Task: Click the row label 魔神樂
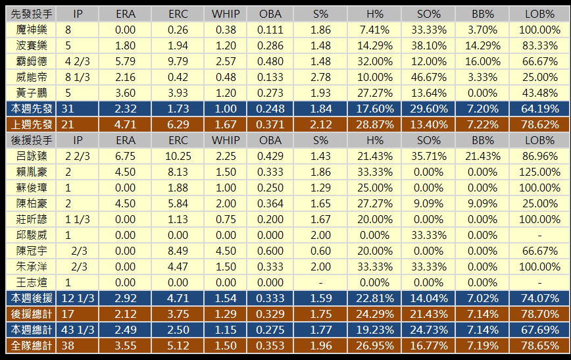tap(32, 30)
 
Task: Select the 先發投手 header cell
tap(32, 14)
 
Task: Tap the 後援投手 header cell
tap(32, 140)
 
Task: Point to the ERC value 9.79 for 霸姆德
tap(178, 61)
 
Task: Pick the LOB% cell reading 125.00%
tap(539, 172)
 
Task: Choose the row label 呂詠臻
tap(32, 156)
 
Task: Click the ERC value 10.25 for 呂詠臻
tap(178, 156)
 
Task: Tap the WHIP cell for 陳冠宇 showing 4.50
tap(226, 251)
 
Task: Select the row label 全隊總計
tap(32, 345)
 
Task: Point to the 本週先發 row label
tap(32, 109)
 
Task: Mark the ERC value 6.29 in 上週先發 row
tap(178, 124)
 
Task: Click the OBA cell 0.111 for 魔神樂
tap(270, 30)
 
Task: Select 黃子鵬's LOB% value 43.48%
tap(539, 93)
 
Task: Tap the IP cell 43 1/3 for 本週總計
tap(78, 329)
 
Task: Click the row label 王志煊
tap(32, 282)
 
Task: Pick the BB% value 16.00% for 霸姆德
tap(482, 61)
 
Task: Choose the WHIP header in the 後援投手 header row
tap(226, 140)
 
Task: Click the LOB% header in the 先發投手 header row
tap(539, 14)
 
